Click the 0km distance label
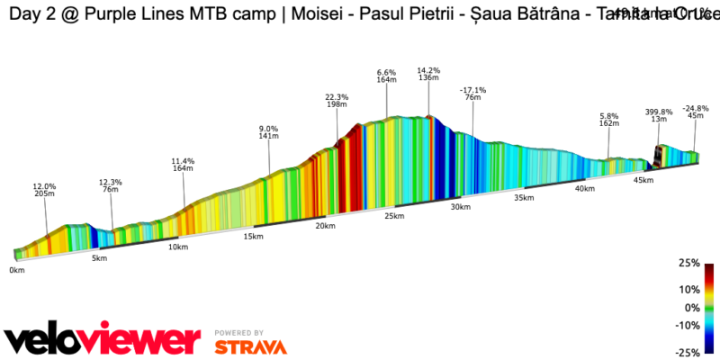[17, 269]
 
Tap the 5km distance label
[99, 258]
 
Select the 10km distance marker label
[178, 247]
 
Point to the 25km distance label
[393, 216]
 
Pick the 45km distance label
[643, 181]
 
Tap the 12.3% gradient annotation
[111, 183]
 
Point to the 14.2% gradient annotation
[428, 70]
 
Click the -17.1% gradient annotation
[472, 91]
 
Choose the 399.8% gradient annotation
[659, 112]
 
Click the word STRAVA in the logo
[251, 346]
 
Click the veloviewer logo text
[102, 339]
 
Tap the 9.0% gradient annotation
[268, 129]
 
